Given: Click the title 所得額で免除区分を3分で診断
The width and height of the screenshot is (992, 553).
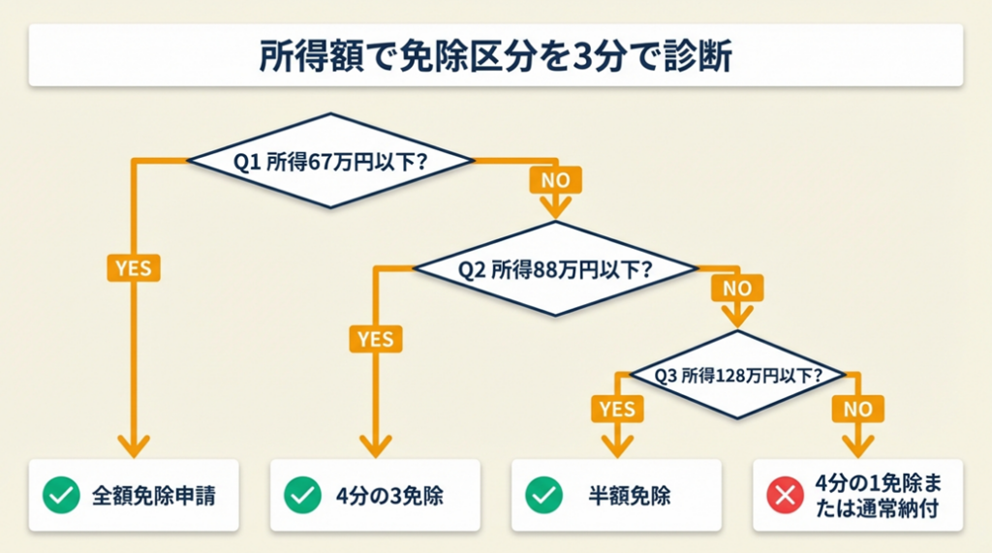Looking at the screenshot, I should pyautogui.click(x=495, y=55).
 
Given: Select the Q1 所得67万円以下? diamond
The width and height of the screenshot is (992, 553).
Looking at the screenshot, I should pyautogui.click(x=330, y=160).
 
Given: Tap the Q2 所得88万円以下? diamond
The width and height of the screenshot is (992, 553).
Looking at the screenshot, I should pyautogui.click(x=554, y=268).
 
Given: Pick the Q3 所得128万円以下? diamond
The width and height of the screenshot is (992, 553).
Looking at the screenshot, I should pyautogui.click(x=738, y=375).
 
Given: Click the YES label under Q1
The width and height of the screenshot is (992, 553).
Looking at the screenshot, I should pyautogui.click(x=133, y=266).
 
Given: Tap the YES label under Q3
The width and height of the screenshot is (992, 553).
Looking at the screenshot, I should pyautogui.click(x=617, y=409).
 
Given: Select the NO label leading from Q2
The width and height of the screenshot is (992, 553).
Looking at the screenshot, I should pyautogui.click(x=737, y=288).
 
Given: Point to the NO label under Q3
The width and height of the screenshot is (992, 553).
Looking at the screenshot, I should pyautogui.click(x=856, y=409).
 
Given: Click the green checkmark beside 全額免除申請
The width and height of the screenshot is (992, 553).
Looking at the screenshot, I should pyautogui.click(x=61, y=496).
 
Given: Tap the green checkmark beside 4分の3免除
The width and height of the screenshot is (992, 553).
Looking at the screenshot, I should pyautogui.click(x=302, y=496).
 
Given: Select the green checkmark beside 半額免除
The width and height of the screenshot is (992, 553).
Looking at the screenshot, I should pyautogui.click(x=543, y=496).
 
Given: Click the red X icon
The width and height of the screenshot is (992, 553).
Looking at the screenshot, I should pyautogui.click(x=784, y=496).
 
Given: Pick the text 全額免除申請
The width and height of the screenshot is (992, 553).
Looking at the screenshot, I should pyautogui.click(x=154, y=496).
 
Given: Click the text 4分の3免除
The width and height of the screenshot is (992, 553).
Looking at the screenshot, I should pyautogui.click(x=389, y=496).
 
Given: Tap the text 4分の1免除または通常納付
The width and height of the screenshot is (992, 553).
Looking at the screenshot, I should pyautogui.click(x=876, y=496).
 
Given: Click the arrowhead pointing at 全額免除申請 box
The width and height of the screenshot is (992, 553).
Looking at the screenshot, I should pyautogui.click(x=134, y=445).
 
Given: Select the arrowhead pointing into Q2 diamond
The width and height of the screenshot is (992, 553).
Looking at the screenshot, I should pyautogui.click(x=555, y=207).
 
